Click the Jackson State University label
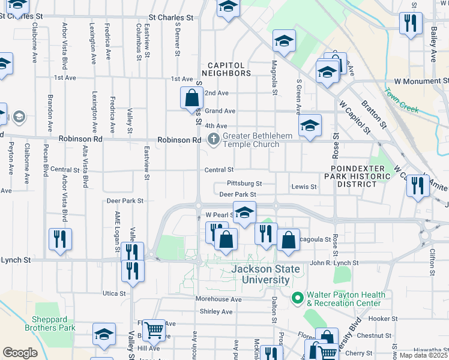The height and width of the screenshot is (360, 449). (x=266, y=275)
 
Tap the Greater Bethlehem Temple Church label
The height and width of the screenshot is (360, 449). (x=251, y=140)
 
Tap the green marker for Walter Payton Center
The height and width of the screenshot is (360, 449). (x=297, y=298)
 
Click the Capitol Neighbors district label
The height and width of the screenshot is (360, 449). (x=229, y=69)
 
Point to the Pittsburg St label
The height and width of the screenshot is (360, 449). (x=244, y=183)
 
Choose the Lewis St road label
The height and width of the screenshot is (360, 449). (x=304, y=187)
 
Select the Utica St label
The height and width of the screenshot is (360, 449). (x=114, y=293)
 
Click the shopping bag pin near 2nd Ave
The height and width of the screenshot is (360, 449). (x=191, y=97)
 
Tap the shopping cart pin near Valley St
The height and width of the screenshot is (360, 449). (x=154, y=328)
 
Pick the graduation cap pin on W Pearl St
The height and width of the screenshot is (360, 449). (x=244, y=212)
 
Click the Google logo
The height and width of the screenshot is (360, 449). (x=19, y=353)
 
